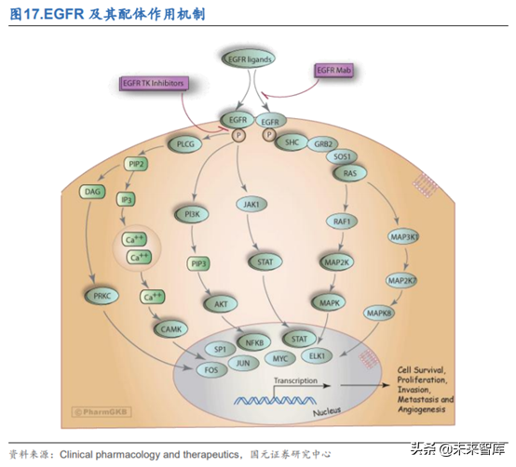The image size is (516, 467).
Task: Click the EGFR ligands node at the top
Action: pos(247,59)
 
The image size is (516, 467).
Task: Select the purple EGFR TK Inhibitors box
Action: pos(155,84)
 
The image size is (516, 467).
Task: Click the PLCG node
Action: pos(185,145)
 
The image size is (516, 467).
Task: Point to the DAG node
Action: pos(93,191)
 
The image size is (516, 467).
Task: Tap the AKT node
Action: pos(220,303)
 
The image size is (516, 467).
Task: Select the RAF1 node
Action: pos(339,221)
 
